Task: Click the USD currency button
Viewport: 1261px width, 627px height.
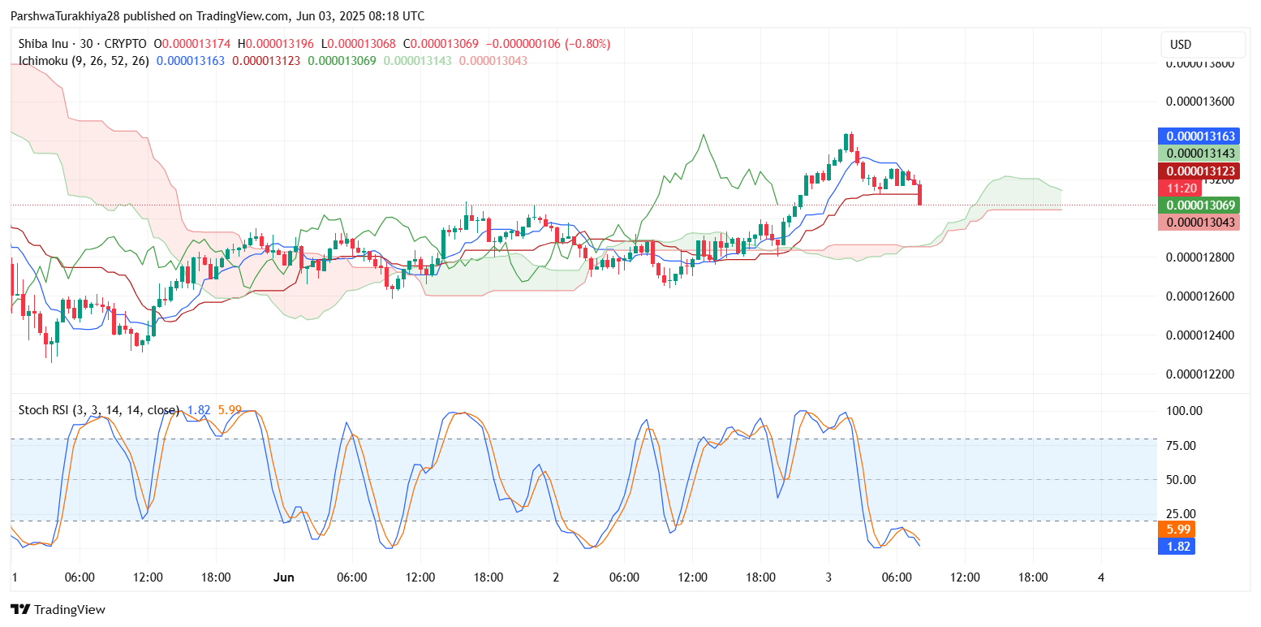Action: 1203,45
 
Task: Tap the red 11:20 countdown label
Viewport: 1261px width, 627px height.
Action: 1176,188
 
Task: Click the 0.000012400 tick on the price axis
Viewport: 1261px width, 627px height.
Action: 1199,335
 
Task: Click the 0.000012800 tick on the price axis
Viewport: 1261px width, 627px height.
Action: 1199,257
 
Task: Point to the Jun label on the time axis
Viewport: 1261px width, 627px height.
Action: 283,577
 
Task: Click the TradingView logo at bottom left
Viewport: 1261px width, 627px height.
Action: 58,610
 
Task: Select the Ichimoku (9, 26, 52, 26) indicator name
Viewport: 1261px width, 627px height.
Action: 84,61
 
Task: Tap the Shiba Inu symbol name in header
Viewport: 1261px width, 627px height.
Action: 45,44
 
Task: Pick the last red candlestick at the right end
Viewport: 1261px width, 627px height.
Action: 920,194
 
